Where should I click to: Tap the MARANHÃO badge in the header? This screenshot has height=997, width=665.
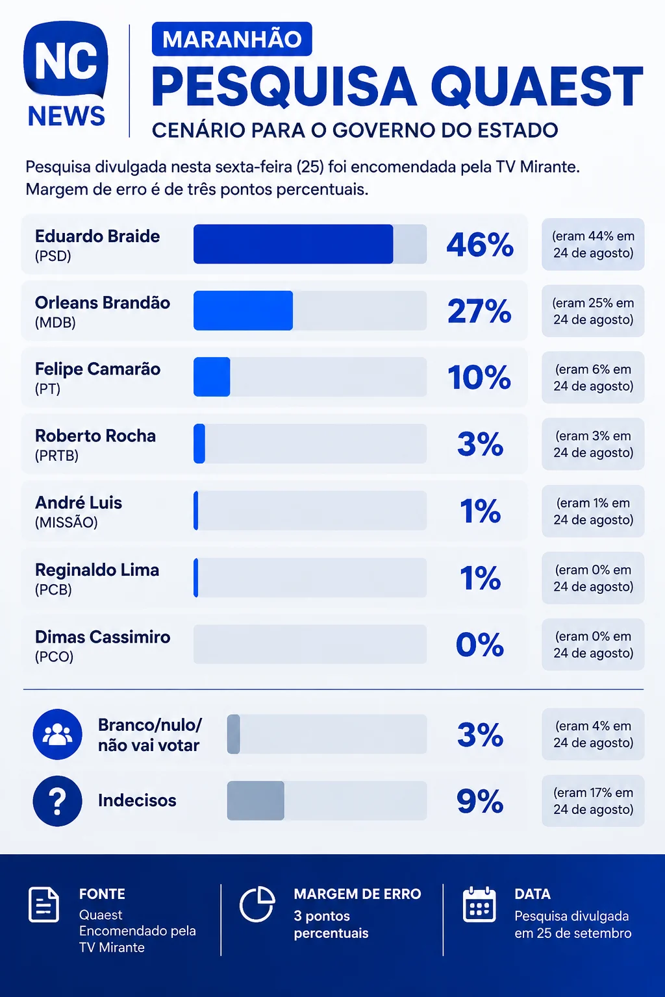coord(232,39)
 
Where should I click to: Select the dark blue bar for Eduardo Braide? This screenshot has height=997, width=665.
coord(293,244)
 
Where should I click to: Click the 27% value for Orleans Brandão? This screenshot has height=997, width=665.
coord(479,311)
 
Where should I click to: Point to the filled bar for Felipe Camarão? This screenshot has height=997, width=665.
coord(212,376)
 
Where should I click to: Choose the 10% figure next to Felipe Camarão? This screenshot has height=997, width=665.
coord(479,377)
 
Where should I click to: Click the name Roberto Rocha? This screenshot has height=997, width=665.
coord(95,436)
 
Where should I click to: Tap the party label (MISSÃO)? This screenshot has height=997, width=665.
coord(66,522)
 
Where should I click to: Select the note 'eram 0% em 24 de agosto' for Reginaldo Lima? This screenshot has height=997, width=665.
coord(593,578)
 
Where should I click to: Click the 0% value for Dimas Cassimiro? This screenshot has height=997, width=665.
coord(480,644)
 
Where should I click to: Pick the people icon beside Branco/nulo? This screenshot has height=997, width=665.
coord(57,734)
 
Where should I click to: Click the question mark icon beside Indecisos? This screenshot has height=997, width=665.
coord(57,801)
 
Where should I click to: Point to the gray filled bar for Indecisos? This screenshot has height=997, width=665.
coord(256,800)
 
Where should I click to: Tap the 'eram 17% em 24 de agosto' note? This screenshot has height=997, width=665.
coord(593,800)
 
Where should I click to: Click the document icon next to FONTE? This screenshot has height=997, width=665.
coord(44,904)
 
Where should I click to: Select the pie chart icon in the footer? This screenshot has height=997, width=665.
coord(257,904)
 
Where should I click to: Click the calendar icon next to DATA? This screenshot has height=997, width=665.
coord(479,904)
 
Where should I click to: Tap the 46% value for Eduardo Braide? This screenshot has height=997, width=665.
coord(480,244)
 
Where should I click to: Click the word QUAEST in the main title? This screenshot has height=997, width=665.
coord(536,86)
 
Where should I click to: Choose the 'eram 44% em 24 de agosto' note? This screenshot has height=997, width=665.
coord(593,244)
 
